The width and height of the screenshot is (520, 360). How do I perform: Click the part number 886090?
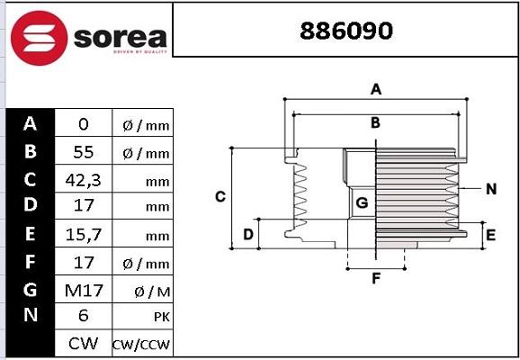click(345, 31)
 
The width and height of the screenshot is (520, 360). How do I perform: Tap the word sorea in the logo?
click(120, 38)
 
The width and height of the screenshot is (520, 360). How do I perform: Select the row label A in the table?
click(31, 124)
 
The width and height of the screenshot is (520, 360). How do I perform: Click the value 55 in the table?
click(84, 152)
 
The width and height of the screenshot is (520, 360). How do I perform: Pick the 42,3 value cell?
click(84, 180)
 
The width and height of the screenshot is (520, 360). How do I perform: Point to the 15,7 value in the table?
click(84, 235)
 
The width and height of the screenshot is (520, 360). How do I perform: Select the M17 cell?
click(84, 290)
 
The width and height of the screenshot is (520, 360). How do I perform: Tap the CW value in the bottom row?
click(84, 344)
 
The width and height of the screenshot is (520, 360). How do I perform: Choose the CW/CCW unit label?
click(141, 345)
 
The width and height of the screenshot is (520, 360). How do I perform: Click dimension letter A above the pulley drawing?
click(377, 89)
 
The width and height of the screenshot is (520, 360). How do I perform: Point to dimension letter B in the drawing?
click(375, 122)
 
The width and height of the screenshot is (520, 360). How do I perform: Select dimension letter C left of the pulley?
click(220, 196)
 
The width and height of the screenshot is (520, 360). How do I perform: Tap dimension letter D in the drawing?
click(248, 235)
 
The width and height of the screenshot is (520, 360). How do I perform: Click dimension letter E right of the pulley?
click(490, 235)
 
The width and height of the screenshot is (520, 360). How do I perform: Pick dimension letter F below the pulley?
click(376, 278)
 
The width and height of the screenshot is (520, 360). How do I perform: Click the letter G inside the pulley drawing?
click(362, 203)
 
